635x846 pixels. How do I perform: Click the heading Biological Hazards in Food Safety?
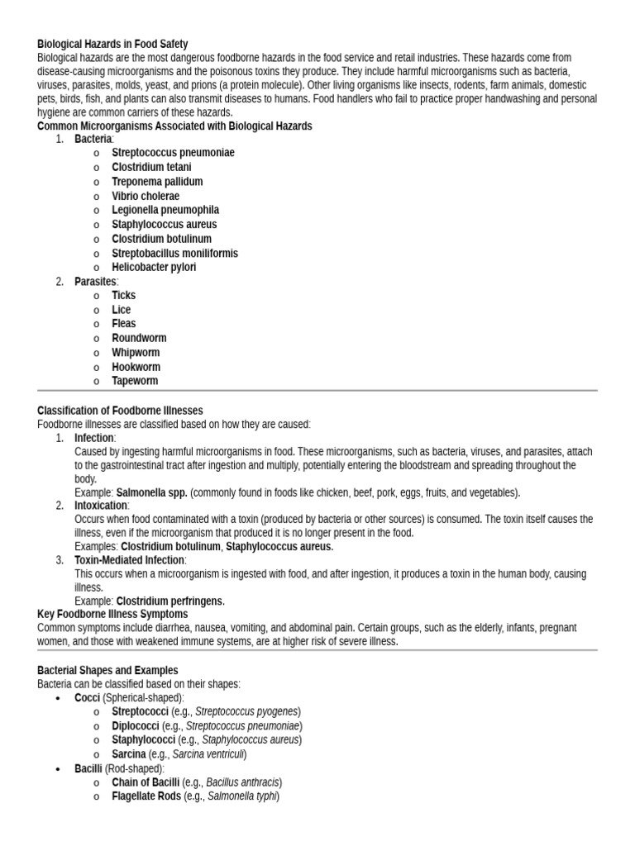click(112, 44)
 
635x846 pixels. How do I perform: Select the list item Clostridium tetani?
click(151, 167)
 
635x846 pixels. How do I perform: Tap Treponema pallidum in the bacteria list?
click(157, 182)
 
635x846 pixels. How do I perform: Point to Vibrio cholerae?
click(146, 196)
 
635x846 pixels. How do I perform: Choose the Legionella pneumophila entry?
click(165, 210)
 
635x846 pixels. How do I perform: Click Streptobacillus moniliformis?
click(174, 253)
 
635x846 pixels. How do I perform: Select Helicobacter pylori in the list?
click(154, 267)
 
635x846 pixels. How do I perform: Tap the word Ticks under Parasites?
click(124, 295)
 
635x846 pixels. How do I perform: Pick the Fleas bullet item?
click(124, 324)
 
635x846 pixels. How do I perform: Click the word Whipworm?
click(136, 352)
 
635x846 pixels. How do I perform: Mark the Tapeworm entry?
click(135, 381)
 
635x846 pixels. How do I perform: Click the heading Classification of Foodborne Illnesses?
click(120, 411)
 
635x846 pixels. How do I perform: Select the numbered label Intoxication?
click(101, 505)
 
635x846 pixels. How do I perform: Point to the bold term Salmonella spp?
click(152, 492)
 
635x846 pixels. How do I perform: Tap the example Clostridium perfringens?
click(169, 601)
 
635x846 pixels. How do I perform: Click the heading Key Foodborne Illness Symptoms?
click(112, 614)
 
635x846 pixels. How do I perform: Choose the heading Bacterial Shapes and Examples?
click(107, 670)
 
